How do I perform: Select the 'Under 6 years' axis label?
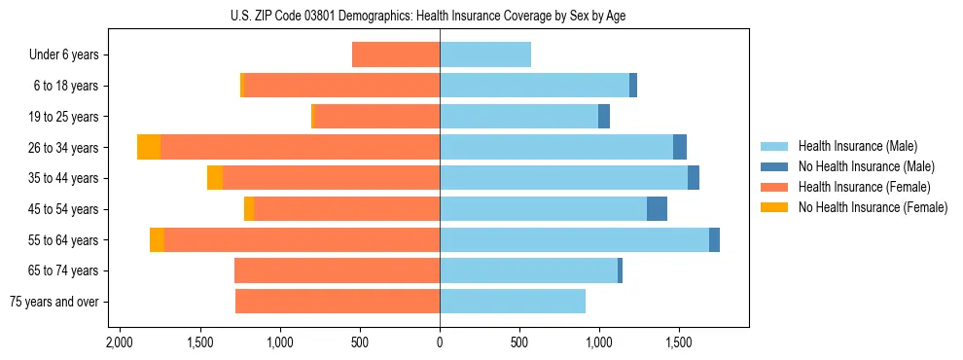69,55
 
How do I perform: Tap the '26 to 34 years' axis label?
64,148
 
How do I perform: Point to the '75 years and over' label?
54,302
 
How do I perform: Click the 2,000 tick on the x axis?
120,343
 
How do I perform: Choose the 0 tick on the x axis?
440,343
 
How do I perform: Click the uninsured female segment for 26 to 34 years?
149,147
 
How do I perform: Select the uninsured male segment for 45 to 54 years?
657,209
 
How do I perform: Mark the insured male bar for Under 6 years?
485,54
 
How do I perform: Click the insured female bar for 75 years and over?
338,302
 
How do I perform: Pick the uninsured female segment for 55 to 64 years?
157,240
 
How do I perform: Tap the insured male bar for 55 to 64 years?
574,240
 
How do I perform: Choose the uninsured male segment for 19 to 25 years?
604,117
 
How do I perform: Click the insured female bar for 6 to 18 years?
341,86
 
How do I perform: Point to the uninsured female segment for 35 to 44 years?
215,178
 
